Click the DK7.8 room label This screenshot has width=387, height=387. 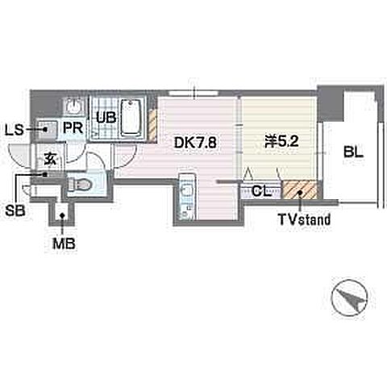tap(195, 143)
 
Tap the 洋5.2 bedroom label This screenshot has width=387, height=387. tap(281, 141)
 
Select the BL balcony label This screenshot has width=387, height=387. tap(354, 152)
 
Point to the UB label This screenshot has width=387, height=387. tap(106, 118)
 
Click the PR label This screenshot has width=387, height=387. tap(73, 128)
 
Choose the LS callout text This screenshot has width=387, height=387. tap(15, 131)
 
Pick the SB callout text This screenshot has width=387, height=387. tap(15, 210)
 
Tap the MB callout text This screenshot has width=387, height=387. tap(64, 244)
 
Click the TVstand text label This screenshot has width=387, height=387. tap(304, 219)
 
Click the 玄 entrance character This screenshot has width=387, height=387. tap(51, 159)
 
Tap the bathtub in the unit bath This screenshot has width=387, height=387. tap(131, 118)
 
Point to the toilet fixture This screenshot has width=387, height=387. tap(80, 185)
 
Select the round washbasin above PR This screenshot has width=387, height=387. tap(74, 106)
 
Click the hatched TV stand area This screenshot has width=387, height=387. tap(300, 189)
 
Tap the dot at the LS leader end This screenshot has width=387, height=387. tap(45, 130)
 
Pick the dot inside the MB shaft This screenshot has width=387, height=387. tap(62, 215)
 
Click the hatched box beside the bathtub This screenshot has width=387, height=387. tap(152, 125)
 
